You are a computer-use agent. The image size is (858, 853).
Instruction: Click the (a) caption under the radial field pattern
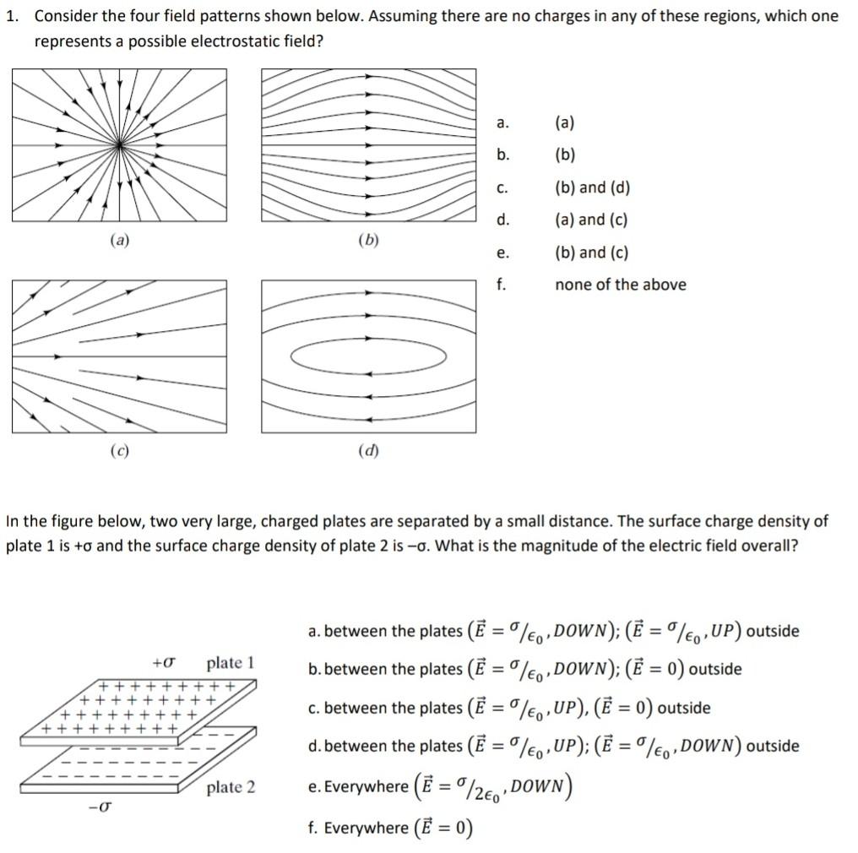click(x=119, y=240)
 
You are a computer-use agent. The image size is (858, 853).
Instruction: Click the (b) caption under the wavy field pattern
click(x=368, y=240)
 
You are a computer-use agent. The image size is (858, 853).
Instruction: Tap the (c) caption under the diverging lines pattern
click(x=119, y=451)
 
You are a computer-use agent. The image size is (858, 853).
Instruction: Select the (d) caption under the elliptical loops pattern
click(x=368, y=451)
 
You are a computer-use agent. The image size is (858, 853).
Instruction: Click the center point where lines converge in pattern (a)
click(x=121, y=146)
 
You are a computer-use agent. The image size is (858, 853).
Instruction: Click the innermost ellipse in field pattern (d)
click(x=368, y=357)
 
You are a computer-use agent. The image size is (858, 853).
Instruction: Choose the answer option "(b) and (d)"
click(x=592, y=187)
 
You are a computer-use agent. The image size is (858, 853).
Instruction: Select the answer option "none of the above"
click(x=620, y=285)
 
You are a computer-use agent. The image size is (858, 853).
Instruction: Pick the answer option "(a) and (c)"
click(x=591, y=220)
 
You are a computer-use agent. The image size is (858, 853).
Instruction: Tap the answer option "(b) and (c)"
click(x=591, y=253)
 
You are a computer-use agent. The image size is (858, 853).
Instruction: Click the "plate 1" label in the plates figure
click(x=231, y=662)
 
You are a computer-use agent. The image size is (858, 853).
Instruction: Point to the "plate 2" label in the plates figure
click(x=231, y=787)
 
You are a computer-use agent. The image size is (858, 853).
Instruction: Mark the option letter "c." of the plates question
click(x=313, y=708)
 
